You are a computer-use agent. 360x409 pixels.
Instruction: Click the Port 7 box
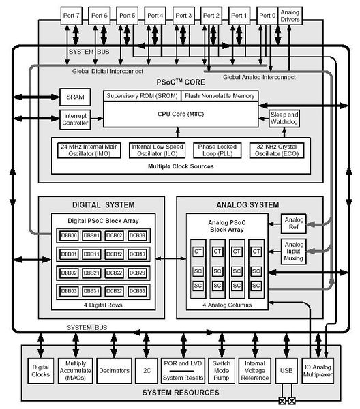pyautogui.click(x=71, y=16)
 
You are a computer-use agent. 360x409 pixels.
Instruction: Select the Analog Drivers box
pyautogui.click(x=290, y=16)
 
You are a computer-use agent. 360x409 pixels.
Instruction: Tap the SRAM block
pyautogui.click(x=75, y=97)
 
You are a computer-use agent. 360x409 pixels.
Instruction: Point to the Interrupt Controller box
pyautogui.click(x=75, y=119)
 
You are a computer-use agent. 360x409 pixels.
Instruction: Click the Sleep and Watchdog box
pyautogui.click(x=284, y=119)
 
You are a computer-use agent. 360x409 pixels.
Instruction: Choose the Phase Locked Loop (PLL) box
pyautogui.click(x=217, y=150)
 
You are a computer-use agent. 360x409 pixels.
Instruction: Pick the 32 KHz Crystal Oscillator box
pyautogui.click(x=277, y=150)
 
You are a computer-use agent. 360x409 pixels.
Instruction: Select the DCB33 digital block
pyautogui.click(x=137, y=291)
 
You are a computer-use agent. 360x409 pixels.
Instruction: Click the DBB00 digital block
pyautogui.click(x=69, y=236)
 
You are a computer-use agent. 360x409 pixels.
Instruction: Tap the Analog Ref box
pyautogui.click(x=294, y=224)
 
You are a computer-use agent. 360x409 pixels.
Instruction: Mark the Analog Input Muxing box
pyautogui.click(x=293, y=252)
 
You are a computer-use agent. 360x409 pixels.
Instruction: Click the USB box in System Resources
pyautogui.click(x=286, y=371)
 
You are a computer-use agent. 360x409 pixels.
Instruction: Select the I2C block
pyautogui.click(x=147, y=371)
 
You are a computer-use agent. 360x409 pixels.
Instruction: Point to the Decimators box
pyautogui.click(x=114, y=371)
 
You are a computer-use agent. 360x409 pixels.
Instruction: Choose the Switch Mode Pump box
pyautogui.click(x=222, y=371)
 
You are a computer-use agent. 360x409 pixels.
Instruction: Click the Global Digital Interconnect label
pyautogui.click(x=108, y=71)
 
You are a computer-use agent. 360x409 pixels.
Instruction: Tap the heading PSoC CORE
pyautogui.click(x=181, y=82)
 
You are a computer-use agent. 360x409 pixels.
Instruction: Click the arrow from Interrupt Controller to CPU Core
pyautogui.click(x=97, y=119)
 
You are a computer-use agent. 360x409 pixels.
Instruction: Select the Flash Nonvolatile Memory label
pyautogui.click(x=220, y=96)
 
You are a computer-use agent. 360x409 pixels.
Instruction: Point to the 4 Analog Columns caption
pyautogui.click(x=227, y=305)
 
